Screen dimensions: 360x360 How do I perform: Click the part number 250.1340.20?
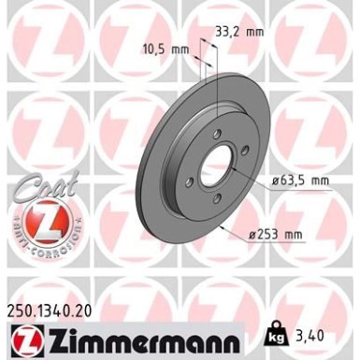point(54,310)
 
